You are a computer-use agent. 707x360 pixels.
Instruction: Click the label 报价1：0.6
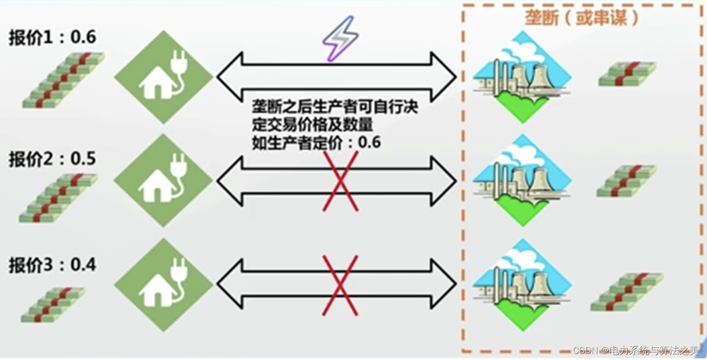52,38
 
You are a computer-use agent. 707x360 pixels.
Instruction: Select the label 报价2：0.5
52,159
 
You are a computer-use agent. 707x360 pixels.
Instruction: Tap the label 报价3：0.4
52,265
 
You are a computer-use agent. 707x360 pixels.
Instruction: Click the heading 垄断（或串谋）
582,18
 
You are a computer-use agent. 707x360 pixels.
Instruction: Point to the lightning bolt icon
340,38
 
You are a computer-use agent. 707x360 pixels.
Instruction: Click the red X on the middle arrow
340,181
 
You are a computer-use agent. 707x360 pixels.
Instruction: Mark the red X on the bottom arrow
340,285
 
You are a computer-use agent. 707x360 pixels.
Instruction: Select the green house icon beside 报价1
164,77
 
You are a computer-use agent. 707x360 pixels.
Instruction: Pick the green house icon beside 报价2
164,180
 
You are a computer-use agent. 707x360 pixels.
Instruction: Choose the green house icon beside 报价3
164,285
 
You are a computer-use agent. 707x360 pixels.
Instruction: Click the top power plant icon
522,77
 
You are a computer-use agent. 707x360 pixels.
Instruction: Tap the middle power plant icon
522,180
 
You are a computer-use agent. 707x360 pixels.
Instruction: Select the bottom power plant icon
522,285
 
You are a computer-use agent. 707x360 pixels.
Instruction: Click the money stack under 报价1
63,80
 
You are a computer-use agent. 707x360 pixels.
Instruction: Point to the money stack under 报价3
53,305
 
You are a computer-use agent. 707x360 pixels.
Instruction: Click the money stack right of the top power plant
627,74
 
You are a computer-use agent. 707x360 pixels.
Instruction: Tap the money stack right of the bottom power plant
627,292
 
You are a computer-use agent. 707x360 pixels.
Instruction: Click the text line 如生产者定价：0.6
316,143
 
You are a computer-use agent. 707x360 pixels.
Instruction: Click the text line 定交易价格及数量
312,125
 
